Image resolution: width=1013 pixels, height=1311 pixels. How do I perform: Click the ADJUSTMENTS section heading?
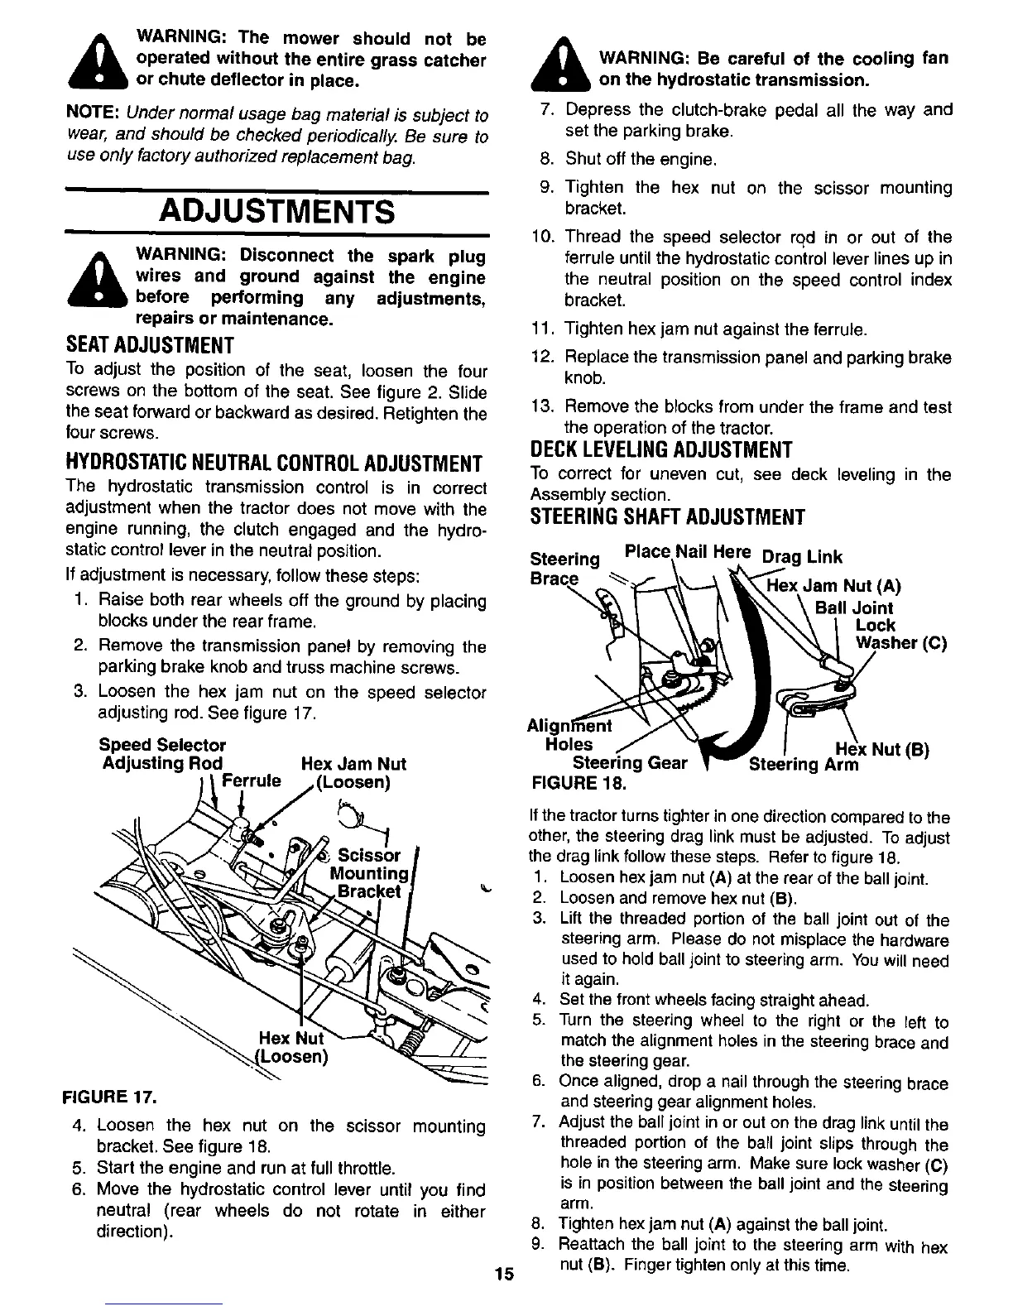276,211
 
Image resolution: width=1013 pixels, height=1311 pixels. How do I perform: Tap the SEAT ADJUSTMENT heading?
150,344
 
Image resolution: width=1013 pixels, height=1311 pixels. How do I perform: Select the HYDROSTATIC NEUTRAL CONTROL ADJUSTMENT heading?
273,462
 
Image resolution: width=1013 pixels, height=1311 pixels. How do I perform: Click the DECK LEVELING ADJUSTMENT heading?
660,450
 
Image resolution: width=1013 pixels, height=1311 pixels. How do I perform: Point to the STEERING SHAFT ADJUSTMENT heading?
667,518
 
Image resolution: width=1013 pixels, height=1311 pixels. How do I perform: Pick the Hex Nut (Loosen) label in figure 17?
292,1049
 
